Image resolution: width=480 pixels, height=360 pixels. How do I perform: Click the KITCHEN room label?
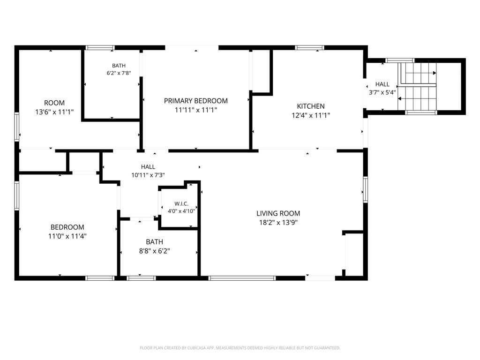(x=311, y=106)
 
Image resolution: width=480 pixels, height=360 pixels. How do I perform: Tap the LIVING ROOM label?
(x=278, y=213)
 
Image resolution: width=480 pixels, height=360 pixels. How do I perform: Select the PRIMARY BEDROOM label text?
(x=196, y=101)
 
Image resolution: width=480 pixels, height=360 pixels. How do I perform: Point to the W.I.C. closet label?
(x=181, y=204)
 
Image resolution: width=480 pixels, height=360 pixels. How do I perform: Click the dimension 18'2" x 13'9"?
(x=278, y=223)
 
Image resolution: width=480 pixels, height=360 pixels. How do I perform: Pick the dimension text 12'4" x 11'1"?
(x=311, y=115)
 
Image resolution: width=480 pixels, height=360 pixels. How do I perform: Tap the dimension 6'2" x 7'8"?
(x=119, y=73)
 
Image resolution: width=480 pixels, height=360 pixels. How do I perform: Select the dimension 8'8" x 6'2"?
(x=155, y=251)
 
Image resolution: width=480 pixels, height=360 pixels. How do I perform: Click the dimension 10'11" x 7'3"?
(x=148, y=175)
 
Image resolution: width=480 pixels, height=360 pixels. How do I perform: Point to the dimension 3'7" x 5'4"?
(x=382, y=92)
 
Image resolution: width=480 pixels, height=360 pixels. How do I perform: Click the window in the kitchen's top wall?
(x=309, y=48)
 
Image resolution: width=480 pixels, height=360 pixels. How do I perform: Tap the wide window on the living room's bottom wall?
(x=242, y=278)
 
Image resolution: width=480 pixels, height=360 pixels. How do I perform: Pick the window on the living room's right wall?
(x=366, y=190)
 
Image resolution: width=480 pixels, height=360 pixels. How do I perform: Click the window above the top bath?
(x=100, y=48)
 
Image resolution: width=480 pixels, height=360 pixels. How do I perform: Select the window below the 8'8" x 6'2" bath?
(x=141, y=278)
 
